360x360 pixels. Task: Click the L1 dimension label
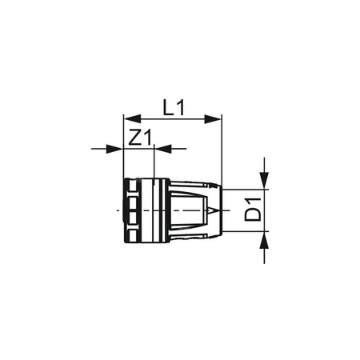170,106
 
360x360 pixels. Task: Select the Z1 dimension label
140,137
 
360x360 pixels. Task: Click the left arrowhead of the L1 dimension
126,119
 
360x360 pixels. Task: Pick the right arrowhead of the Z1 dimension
163,148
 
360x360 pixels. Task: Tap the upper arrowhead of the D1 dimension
262,183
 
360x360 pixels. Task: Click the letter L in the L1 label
165,106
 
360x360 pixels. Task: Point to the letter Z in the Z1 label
134,137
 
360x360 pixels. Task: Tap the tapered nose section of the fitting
192,211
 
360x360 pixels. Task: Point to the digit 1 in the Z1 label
146,137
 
